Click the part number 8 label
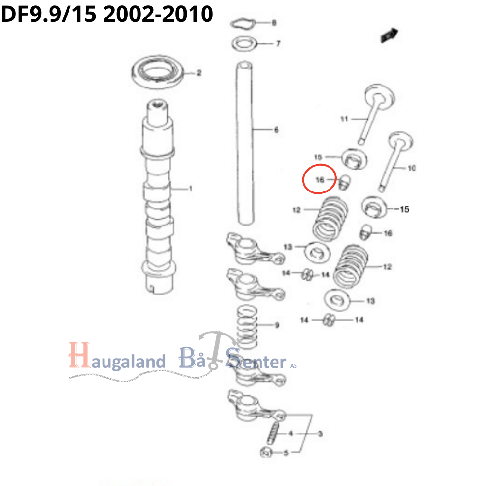274,23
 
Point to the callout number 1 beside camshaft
191,188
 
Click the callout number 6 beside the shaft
276,130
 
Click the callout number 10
411,168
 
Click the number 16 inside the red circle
320,179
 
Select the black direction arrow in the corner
389,35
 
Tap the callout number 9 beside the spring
277,325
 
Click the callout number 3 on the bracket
320,434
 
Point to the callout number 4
291,434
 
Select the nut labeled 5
266,452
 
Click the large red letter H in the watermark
79,355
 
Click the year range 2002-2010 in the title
158,15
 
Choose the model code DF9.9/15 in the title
49,15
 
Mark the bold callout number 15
404,209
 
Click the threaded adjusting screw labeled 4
273,433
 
